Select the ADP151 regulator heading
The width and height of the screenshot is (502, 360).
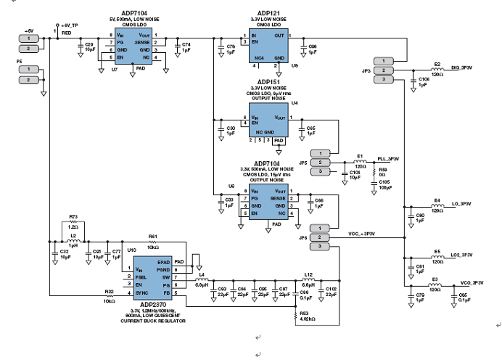pos(269,82)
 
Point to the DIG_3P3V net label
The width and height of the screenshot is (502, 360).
pos(461,67)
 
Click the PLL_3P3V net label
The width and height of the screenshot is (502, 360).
pos(389,158)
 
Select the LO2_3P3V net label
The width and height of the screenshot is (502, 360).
pos(461,255)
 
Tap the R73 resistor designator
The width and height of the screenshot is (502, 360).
pos(73,217)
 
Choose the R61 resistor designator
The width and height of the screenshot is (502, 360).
pos(152,237)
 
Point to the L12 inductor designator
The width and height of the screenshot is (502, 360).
pos(308,274)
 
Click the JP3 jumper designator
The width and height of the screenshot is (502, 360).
pos(366,70)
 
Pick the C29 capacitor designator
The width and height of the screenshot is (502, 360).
pos(89,44)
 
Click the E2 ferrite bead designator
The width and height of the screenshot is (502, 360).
pos(437,64)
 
